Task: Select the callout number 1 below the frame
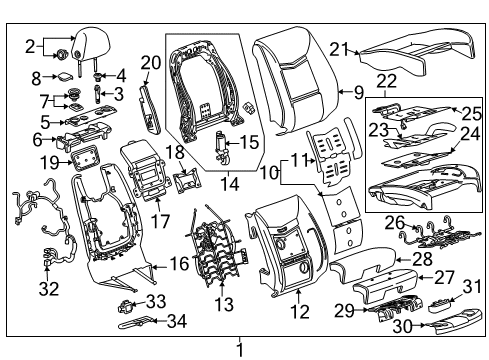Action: tap(239, 350)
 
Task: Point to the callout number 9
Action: tap(358, 92)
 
